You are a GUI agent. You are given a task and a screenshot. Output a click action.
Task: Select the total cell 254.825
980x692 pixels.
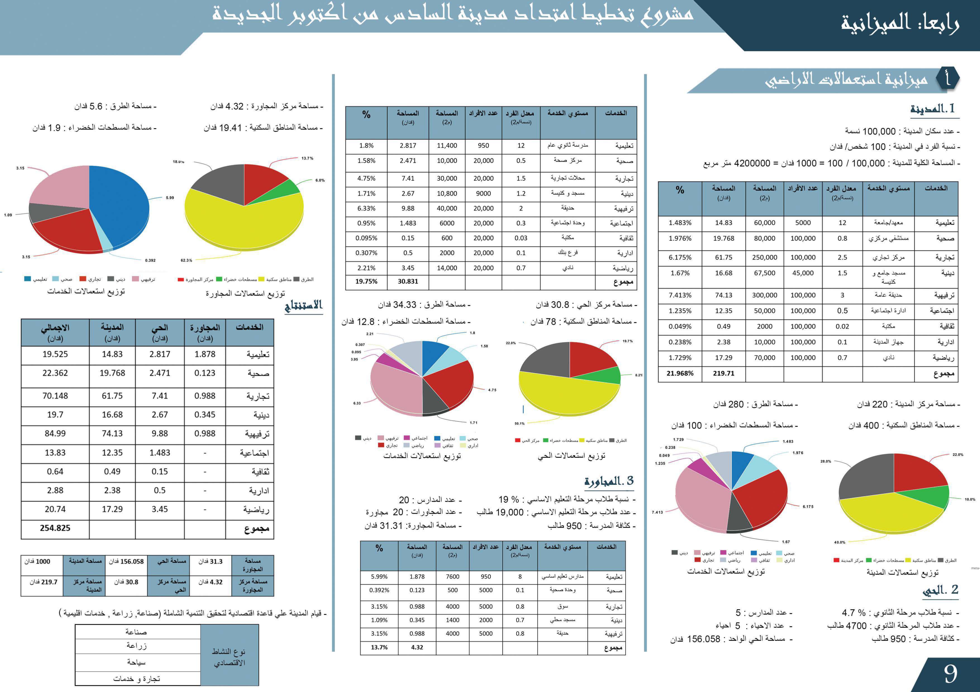click(55, 528)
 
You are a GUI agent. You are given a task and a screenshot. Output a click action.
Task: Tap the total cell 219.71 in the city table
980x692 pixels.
click(723, 373)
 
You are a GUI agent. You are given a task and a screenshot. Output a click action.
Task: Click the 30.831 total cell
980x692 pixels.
click(408, 282)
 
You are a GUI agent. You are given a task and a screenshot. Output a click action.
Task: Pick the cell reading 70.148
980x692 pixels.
click(55, 396)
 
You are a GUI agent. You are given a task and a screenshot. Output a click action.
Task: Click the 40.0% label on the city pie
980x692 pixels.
click(839, 542)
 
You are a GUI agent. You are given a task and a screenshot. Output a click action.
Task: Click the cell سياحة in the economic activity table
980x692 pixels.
click(137, 662)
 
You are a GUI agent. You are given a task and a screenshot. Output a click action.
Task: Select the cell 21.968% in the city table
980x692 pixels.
click(680, 373)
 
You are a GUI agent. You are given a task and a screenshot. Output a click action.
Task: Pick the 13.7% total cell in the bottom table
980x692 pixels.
click(379, 647)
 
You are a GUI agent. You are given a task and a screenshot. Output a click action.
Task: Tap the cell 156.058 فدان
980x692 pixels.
click(126, 561)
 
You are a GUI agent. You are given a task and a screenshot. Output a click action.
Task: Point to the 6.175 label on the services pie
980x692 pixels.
click(808, 506)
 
